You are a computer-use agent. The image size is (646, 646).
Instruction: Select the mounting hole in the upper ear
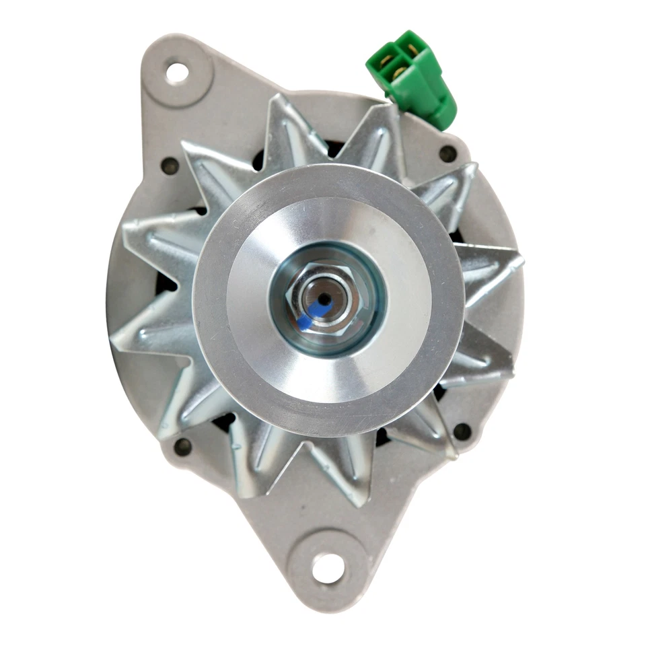click(177, 72)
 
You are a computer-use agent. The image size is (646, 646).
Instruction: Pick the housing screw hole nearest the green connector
click(447, 153)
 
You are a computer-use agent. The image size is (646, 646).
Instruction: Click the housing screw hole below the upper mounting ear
click(170, 166)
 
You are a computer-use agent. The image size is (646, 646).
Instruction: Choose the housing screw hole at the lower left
click(183, 446)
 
